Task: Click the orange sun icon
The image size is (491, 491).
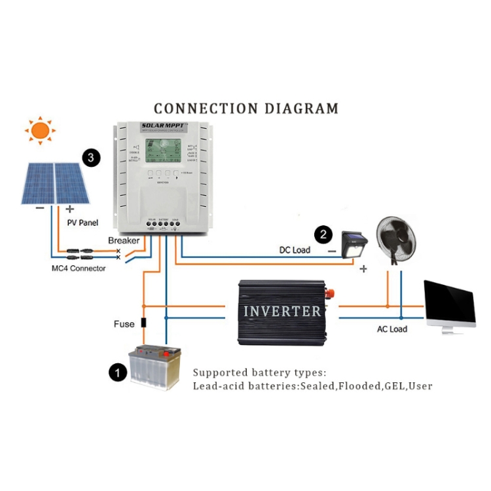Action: pyautogui.click(x=40, y=131)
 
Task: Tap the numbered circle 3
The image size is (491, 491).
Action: pyautogui.click(x=92, y=157)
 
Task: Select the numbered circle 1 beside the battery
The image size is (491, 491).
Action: pyautogui.click(x=117, y=373)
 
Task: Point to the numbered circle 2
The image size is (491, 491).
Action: pyautogui.click(x=323, y=234)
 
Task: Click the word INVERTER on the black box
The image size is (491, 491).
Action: pyautogui.click(x=282, y=311)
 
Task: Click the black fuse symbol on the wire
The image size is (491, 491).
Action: pyautogui.click(x=143, y=323)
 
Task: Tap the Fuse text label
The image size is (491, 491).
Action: pyautogui.click(x=124, y=323)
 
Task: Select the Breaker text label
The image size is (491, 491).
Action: pyautogui.click(x=124, y=240)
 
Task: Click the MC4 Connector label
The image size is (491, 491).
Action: pyautogui.click(x=79, y=268)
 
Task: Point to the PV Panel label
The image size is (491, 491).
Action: pyautogui.click(x=82, y=223)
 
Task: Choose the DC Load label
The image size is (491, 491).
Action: pyautogui.click(x=295, y=250)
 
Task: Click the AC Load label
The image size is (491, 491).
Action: pyautogui.click(x=391, y=329)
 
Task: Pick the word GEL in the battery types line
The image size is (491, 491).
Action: pyautogui.click(x=394, y=386)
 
